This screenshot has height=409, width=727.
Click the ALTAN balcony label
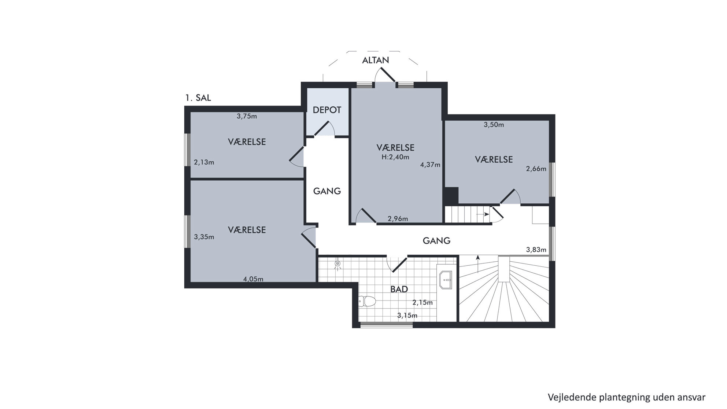pyautogui.click(x=375, y=60)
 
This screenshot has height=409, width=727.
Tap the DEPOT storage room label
pyautogui.click(x=327, y=110)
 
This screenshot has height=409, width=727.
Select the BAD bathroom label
pyautogui.click(x=399, y=289)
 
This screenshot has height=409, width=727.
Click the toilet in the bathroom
pyautogui.click(x=368, y=301)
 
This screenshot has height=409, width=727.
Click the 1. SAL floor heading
pyautogui.click(x=198, y=98)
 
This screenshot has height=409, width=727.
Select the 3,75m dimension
pyautogui.click(x=247, y=117)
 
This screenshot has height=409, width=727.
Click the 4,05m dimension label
pyautogui.click(x=253, y=279)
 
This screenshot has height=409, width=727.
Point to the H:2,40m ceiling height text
pyautogui.click(x=395, y=157)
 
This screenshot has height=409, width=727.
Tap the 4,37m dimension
pyautogui.click(x=430, y=165)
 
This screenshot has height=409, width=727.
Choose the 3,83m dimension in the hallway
pyautogui.click(x=536, y=250)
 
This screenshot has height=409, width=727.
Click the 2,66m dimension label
pyautogui.click(x=536, y=169)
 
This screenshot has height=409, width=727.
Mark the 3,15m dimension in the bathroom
pyautogui.click(x=407, y=316)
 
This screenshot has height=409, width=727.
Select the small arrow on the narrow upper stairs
pyautogui.click(x=483, y=214)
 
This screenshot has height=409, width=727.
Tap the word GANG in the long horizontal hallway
pyautogui.click(x=436, y=241)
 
